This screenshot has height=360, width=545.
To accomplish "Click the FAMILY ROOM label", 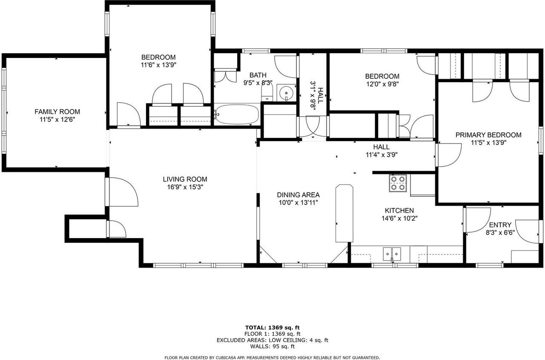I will (57, 112).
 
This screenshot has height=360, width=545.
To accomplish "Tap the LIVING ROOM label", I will (185, 179).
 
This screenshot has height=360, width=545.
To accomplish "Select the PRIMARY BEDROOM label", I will (488, 135).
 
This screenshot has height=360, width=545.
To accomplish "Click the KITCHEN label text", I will (399, 210).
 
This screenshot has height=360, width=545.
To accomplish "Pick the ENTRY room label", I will (500, 225).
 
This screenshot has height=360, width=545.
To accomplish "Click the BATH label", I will (258, 75).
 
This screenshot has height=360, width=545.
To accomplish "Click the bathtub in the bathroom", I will (237, 114).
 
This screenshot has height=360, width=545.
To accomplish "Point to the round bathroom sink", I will (286, 92).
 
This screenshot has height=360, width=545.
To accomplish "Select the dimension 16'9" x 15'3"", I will (185, 187).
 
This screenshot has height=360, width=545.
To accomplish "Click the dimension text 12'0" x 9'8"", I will (382, 84).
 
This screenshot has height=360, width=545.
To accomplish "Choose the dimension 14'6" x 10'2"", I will (399, 218).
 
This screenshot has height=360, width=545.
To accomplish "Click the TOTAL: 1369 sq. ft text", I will (272, 328).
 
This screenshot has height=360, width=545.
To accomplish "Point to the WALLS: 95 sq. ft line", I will (272, 346).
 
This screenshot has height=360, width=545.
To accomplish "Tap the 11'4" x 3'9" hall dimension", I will (381, 155).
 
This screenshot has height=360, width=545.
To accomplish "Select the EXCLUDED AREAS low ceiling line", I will (272, 340).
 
